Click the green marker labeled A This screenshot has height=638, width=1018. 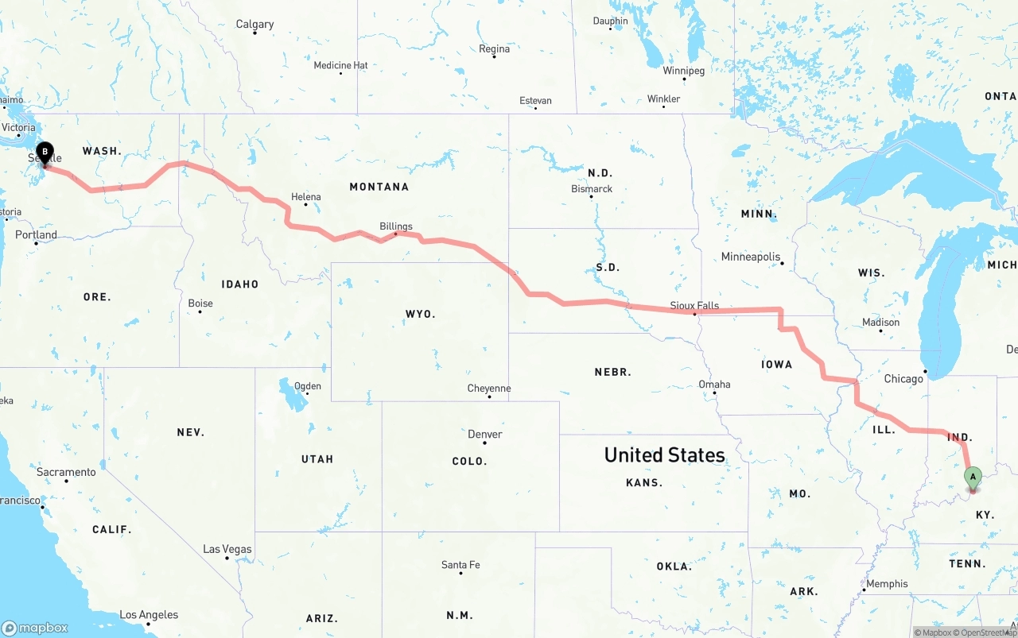972,478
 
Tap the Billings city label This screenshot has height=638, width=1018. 396,226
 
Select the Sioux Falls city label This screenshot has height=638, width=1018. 694,305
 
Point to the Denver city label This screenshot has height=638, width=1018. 484,434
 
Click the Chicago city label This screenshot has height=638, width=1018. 903,379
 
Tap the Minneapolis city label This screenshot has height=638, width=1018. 751,257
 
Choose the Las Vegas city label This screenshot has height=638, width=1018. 227,549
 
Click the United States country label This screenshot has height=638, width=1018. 664,454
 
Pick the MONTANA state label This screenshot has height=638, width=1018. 379,187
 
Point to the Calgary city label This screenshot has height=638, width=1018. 254,25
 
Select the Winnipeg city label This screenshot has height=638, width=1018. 684,71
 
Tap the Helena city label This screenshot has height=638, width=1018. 306,197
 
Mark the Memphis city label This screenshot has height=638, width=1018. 887,584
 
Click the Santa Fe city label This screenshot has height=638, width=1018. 460,565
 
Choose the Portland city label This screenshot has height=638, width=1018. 37,235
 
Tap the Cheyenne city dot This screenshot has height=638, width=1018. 489,396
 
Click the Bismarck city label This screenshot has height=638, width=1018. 592,189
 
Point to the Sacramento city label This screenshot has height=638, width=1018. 66,472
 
